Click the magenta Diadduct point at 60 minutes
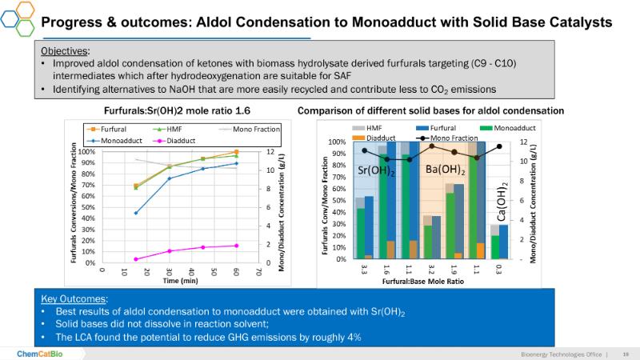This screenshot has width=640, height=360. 236,246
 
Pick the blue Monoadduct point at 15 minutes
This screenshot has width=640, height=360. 135,213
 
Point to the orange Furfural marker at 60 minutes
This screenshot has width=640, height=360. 236,152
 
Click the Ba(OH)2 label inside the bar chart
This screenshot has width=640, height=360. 446,170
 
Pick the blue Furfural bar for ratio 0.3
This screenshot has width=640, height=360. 503,242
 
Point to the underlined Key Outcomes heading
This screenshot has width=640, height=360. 74,298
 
